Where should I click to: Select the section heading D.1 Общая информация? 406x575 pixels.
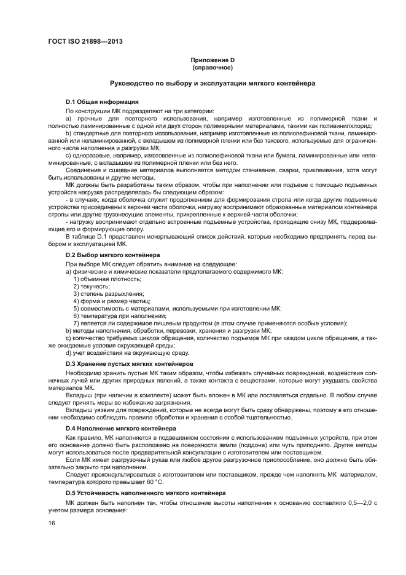pyautogui.click(x=102, y=101)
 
